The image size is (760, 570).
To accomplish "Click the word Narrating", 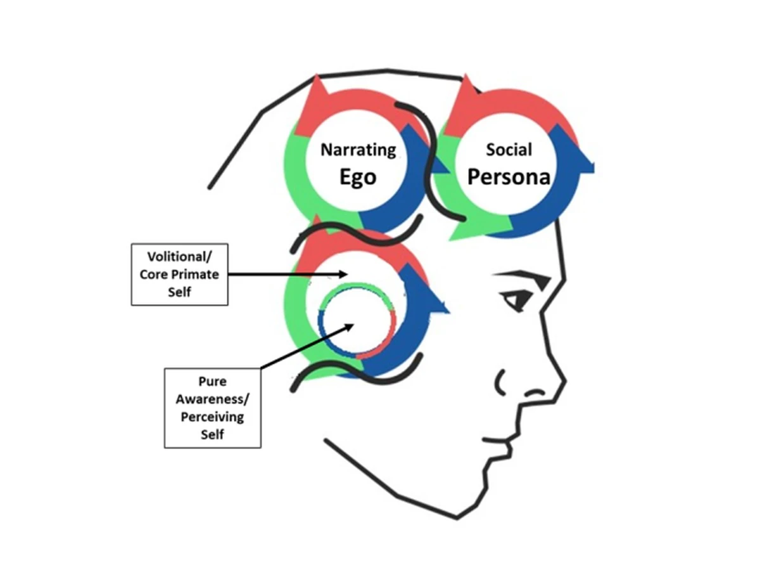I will click(x=358, y=150).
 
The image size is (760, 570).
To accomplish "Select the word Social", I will click(x=509, y=150).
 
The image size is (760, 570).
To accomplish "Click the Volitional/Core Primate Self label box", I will click(x=179, y=274).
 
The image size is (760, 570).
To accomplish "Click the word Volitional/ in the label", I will click(x=179, y=257).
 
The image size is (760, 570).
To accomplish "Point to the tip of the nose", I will click(x=562, y=382).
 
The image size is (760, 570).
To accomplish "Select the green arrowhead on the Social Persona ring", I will click(x=465, y=233).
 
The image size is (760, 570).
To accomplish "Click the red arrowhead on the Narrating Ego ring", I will click(x=317, y=95).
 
